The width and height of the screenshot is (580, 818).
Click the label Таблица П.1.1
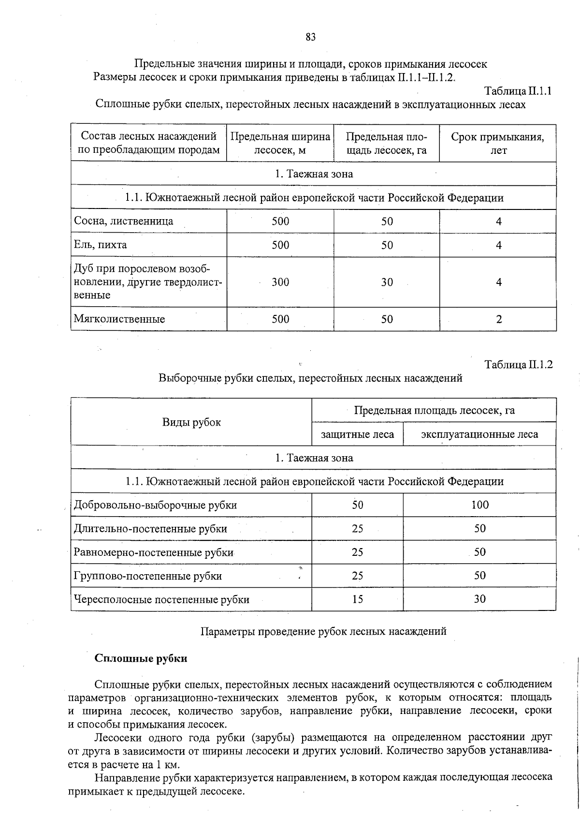(518, 91)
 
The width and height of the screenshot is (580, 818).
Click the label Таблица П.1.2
(518, 365)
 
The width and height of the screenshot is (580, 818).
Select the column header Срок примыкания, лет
(498, 143)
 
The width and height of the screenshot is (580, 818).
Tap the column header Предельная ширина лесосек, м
(280, 143)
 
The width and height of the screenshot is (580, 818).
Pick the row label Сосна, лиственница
(123, 221)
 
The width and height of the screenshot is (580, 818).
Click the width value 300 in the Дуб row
(280, 283)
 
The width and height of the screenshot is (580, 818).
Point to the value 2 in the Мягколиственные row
(499, 319)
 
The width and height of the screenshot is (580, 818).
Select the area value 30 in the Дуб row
(387, 283)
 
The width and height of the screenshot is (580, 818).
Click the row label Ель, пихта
(101, 245)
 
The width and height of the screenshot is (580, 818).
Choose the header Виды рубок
(191, 422)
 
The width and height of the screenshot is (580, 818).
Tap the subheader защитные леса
(358, 434)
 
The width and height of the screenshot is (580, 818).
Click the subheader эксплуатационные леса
(479, 434)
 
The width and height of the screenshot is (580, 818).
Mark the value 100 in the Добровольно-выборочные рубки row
(480, 505)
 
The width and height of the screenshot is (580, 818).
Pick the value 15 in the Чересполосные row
(358, 599)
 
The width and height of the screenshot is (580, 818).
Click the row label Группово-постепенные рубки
(148, 576)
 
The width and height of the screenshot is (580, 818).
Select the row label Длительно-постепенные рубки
(150, 529)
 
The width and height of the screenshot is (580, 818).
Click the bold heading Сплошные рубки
(141, 658)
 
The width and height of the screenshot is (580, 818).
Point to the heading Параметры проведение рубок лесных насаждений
(323, 631)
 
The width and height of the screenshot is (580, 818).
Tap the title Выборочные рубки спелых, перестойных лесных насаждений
(310, 378)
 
